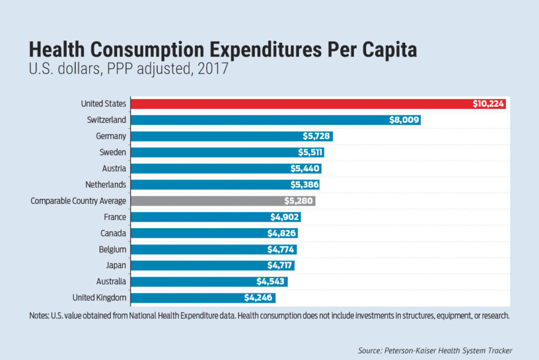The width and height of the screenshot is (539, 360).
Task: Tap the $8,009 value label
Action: click(x=404, y=120)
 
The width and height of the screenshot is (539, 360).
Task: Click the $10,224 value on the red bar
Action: click(x=489, y=104)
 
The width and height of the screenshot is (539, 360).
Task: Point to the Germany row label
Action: click(x=111, y=136)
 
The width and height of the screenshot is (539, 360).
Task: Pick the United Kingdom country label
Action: click(x=99, y=297)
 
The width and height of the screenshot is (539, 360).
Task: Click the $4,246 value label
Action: click(x=258, y=297)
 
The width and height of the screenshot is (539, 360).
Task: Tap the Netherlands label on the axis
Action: click(x=106, y=184)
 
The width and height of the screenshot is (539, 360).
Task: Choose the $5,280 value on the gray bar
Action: click(x=299, y=201)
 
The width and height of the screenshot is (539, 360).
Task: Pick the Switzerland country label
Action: click(x=106, y=120)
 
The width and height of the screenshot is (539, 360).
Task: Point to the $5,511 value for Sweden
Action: click(x=308, y=152)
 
